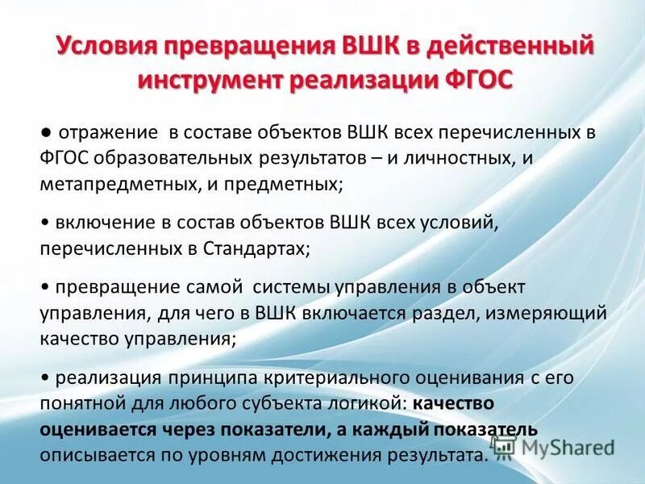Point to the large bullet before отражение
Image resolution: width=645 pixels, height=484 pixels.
[x=47, y=131]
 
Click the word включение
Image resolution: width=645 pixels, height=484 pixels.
[x=100, y=223]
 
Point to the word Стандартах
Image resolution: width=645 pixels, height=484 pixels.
[x=253, y=248]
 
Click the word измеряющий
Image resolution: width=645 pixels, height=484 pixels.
[x=551, y=313]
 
